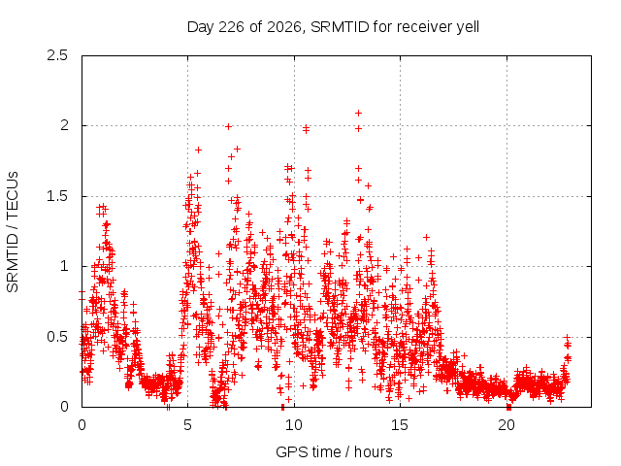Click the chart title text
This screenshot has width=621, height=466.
[x=333, y=27]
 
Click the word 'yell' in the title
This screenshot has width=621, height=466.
[x=468, y=27]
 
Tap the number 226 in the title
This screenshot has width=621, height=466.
[x=232, y=27]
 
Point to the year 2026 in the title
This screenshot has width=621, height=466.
[x=284, y=27]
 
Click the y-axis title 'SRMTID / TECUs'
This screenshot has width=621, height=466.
[x=13, y=232]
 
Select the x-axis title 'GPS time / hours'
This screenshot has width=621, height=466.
[x=334, y=451]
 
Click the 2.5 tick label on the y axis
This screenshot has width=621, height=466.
[x=57, y=55]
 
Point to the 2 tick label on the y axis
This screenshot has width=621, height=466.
[x=64, y=125]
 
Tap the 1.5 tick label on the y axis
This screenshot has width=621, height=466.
[x=57, y=196]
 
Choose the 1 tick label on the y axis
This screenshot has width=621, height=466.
[x=65, y=266]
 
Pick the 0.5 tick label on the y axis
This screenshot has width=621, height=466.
[x=57, y=337]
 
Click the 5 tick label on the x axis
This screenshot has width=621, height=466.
[x=187, y=425]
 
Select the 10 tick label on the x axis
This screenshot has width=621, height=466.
[x=294, y=425]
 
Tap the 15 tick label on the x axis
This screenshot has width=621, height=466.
[x=400, y=425]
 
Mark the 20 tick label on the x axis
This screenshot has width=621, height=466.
[x=507, y=425]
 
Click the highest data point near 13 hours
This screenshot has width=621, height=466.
[x=358, y=114]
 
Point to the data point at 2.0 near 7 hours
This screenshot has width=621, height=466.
[x=228, y=127]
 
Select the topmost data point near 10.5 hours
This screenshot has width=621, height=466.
[x=306, y=127]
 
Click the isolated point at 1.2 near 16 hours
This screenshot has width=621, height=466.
[x=426, y=237]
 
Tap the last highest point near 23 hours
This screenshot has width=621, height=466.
[x=567, y=337]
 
